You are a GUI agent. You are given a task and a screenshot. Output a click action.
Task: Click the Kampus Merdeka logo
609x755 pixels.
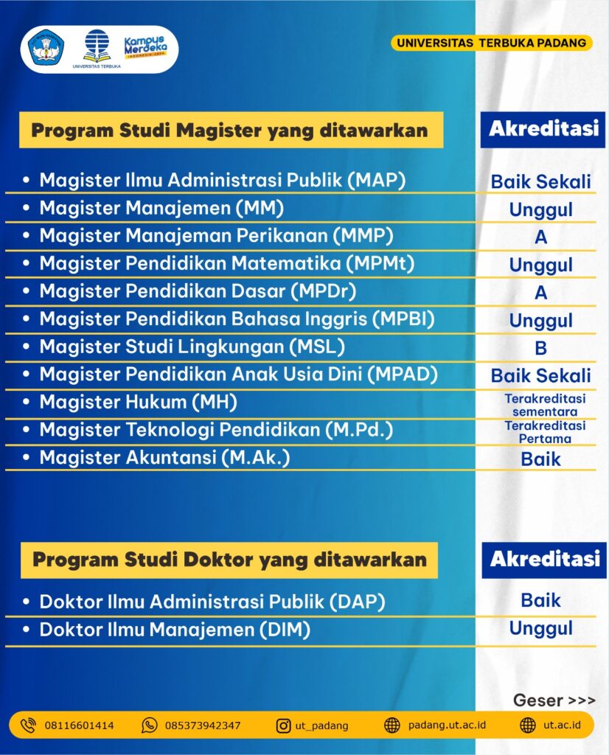coord(145,47)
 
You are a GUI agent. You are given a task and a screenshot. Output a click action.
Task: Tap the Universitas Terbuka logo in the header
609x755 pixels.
coord(97,49)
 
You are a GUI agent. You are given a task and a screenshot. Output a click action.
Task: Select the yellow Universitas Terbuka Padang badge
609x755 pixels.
coord(492,43)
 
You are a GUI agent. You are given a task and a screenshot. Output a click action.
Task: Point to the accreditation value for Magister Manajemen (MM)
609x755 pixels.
coord(540,209)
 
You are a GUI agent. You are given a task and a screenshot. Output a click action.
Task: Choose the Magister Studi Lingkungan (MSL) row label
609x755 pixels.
coord(192,347)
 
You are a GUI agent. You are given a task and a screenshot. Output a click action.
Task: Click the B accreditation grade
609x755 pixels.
coord(540,348)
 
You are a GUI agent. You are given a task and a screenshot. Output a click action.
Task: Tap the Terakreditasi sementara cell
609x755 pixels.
coord(545,405)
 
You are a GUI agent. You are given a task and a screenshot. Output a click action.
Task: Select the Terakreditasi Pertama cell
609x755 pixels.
coord(545,432)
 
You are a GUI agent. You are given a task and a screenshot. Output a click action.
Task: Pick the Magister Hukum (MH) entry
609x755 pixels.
coord(138,402)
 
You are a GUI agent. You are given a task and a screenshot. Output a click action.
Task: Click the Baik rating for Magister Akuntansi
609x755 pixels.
coord(540,459)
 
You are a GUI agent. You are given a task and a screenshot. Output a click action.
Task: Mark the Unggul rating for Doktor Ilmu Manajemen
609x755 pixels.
coord(540,628)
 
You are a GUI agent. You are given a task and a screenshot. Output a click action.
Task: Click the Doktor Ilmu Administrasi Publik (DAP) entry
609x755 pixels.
coord(212,602)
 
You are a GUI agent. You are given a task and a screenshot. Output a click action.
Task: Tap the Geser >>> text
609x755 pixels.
coord(554,700)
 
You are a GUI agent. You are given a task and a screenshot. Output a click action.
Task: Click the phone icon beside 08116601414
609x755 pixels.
coord(28,726)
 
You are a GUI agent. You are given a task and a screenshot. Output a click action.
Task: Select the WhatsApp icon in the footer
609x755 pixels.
coord(149,726)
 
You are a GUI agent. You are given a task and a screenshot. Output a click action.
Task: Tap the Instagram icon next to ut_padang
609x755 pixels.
coord(283,726)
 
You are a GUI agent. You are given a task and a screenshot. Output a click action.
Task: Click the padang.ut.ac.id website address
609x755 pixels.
coord(447,726)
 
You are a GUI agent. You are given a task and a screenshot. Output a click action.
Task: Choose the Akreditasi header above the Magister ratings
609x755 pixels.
coord(543,129)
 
